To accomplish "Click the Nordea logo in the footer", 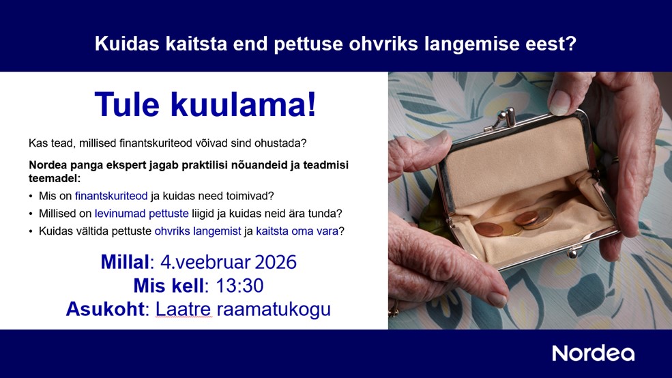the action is [x=593, y=353].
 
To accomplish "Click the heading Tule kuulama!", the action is [x=205, y=104].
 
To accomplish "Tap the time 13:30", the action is [x=239, y=286].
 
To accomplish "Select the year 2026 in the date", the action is [x=276, y=262].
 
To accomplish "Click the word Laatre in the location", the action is [x=184, y=309].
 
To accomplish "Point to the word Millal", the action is [x=125, y=262].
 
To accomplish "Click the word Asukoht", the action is [x=105, y=309].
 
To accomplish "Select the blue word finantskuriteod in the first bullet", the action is [x=111, y=196].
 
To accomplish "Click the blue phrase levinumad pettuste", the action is [x=141, y=214].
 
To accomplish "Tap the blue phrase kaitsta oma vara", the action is [x=297, y=231].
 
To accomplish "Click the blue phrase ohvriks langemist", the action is [x=198, y=231].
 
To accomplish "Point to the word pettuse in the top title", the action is [x=308, y=44].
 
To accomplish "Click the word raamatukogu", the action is [x=274, y=309].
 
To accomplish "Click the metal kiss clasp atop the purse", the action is [x=504, y=118].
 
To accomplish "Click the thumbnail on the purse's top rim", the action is [x=559, y=103].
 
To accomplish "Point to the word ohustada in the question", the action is [x=280, y=143].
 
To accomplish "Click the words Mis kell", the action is [x=169, y=286].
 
